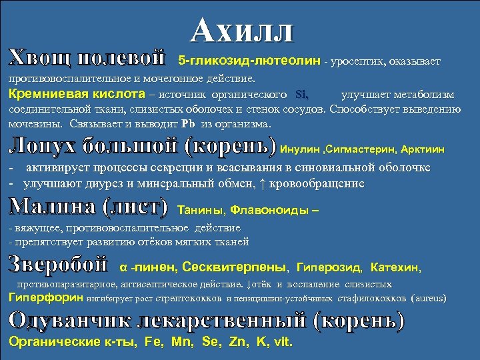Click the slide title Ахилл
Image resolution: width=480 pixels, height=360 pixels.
[x=241, y=30]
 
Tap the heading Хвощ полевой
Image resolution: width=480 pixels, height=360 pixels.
[x=87, y=58]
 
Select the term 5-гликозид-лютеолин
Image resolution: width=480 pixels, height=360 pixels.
[x=249, y=62]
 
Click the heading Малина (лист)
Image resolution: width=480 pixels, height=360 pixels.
[x=88, y=207]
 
